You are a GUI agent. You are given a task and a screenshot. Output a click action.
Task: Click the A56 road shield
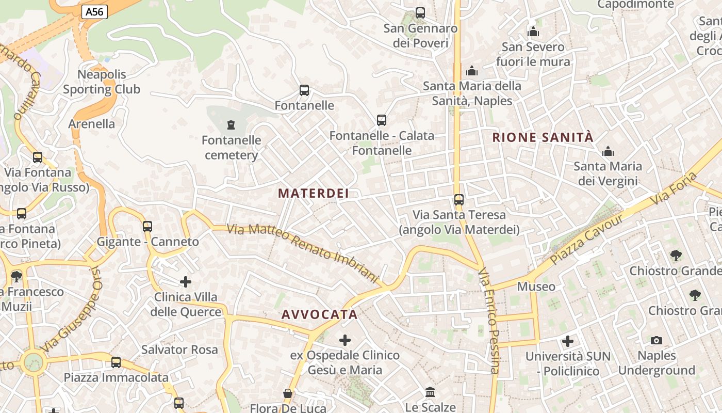(x=94, y=11)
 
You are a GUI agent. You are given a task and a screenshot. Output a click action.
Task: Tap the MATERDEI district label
(x=314, y=194)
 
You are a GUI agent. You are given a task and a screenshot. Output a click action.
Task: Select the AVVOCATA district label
(x=320, y=314)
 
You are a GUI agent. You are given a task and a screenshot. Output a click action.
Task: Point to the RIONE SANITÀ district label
(x=543, y=137)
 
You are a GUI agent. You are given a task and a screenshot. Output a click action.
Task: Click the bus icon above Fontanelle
(x=304, y=90)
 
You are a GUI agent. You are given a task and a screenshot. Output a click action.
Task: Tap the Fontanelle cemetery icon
(x=231, y=124)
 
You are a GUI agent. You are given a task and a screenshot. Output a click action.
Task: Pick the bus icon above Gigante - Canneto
(x=147, y=226)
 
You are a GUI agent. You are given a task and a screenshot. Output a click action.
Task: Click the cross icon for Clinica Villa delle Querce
(x=186, y=282)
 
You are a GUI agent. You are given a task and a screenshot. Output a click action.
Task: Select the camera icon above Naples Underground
(x=657, y=340)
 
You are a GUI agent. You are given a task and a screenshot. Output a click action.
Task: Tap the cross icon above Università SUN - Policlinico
(x=568, y=341)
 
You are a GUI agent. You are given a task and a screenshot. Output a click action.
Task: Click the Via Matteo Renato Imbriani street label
(x=303, y=253)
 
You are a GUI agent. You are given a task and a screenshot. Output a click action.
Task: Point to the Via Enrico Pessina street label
(x=489, y=320)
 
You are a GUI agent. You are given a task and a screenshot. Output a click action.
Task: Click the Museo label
(x=536, y=287)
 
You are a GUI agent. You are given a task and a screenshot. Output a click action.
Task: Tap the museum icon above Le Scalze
(x=430, y=392)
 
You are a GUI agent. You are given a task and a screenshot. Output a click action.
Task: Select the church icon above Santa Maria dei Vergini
(x=608, y=151)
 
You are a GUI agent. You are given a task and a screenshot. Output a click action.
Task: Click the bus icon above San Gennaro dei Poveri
(x=420, y=13)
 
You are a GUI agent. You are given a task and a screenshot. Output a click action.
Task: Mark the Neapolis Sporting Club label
(x=102, y=82)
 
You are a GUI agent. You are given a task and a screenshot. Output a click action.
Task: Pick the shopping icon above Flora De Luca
(x=288, y=394)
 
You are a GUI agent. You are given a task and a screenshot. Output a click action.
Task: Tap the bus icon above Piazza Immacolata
(x=116, y=362)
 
